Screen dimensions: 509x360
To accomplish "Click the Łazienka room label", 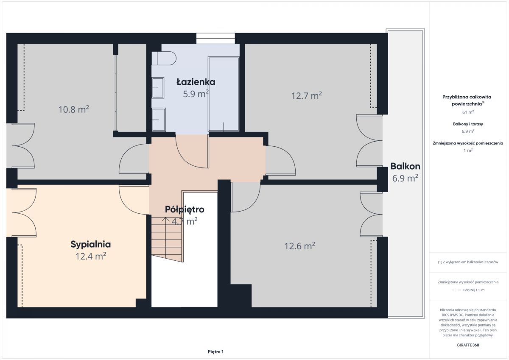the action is click(x=196, y=82).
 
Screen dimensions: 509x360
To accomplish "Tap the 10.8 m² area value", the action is click(x=74, y=109).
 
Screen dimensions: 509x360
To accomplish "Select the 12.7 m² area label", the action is click(x=307, y=96).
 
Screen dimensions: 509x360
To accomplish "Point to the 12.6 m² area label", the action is click(x=300, y=246).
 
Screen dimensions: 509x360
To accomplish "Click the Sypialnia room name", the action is click(x=91, y=244).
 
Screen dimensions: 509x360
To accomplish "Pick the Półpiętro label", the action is click(x=185, y=209).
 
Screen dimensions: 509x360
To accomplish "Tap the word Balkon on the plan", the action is click(x=405, y=167).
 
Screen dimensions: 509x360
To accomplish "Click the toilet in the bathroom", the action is click(x=164, y=59).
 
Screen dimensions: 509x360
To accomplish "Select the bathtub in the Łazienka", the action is click(x=224, y=94).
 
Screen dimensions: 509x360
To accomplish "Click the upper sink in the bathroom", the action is click(x=158, y=88).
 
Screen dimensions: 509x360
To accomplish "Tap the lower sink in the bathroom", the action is click(x=159, y=120).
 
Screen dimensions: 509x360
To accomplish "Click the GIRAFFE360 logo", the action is click(x=468, y=345).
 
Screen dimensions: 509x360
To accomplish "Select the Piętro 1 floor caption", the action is click(x=215, y=352).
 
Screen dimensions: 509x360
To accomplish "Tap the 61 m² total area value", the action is click(x=468, y=112).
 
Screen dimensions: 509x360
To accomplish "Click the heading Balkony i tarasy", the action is click(x=468, y=124).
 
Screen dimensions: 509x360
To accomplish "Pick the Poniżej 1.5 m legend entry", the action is click(x=474, y=290).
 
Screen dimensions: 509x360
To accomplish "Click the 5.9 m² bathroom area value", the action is click(x=196, y=94).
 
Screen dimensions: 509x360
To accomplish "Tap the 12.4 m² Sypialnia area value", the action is click(x=91, y=257).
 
